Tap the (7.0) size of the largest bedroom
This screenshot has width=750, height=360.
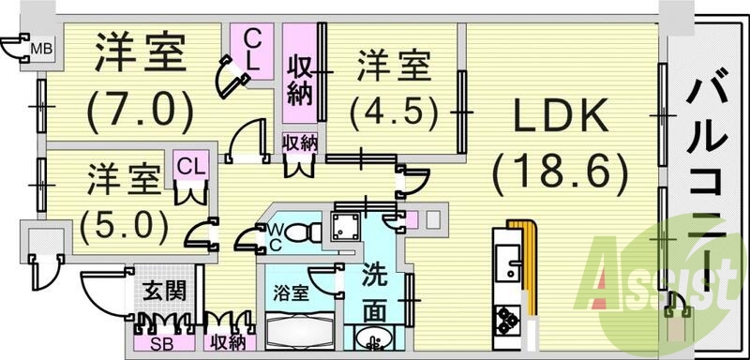coord(141,111)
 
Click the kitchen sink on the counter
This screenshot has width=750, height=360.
coord(508,258)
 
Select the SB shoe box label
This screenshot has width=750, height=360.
coord(162,344)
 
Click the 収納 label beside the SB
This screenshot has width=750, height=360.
coord(230,344)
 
